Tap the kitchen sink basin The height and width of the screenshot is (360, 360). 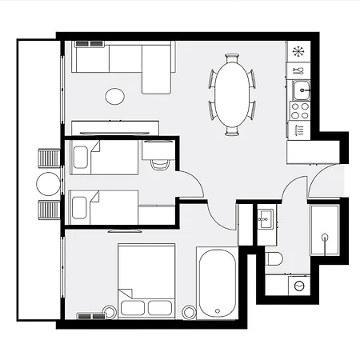(301, 88)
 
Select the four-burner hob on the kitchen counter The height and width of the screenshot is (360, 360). (300, 110)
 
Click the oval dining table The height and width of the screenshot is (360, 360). (232, 94)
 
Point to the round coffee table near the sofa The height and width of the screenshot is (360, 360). (115, 97)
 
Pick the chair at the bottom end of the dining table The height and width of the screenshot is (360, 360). (232, 130)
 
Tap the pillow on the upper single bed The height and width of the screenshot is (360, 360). (80, 158)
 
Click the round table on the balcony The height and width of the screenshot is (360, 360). (48, 184)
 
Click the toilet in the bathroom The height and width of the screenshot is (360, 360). (273, 258)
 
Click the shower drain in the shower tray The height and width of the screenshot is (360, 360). (325, 237)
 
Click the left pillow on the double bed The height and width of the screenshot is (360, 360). (132, 307)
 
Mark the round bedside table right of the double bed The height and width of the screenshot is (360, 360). (189, 311)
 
